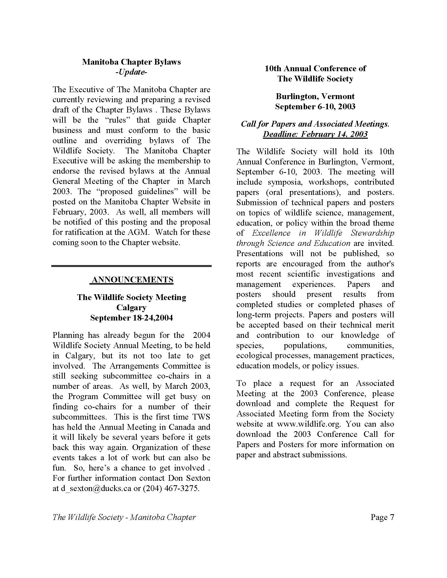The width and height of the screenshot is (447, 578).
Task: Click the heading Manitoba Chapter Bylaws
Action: pyautogui.click(x=131, y=62)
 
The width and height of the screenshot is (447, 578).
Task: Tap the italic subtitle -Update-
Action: pyautogui.click(x=131, y=72)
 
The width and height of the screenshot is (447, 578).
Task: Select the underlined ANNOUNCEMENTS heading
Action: pyautogui.click(x=132, y=280)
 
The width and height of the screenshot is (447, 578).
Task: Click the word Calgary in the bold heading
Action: pyautogui.click(x=131, y=308)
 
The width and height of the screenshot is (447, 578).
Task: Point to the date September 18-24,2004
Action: pyautogui.click(x=131, y=318)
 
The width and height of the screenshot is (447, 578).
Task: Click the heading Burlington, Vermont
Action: pyautogui.click(x=315, y=96)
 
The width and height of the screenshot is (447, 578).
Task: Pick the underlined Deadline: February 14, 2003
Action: pyautogui.click(x=315, y=134)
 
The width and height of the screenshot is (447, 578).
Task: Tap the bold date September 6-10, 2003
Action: pyautogui.click(x=315, y=107)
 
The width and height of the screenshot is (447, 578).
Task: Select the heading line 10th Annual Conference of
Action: pyautogui.click(x=315, y=69)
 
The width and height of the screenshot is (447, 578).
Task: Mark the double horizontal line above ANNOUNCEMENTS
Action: pyautogui.click(x=131, y=265)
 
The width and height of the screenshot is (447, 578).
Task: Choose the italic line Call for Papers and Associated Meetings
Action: pyautogui.click(x=315, y=124)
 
